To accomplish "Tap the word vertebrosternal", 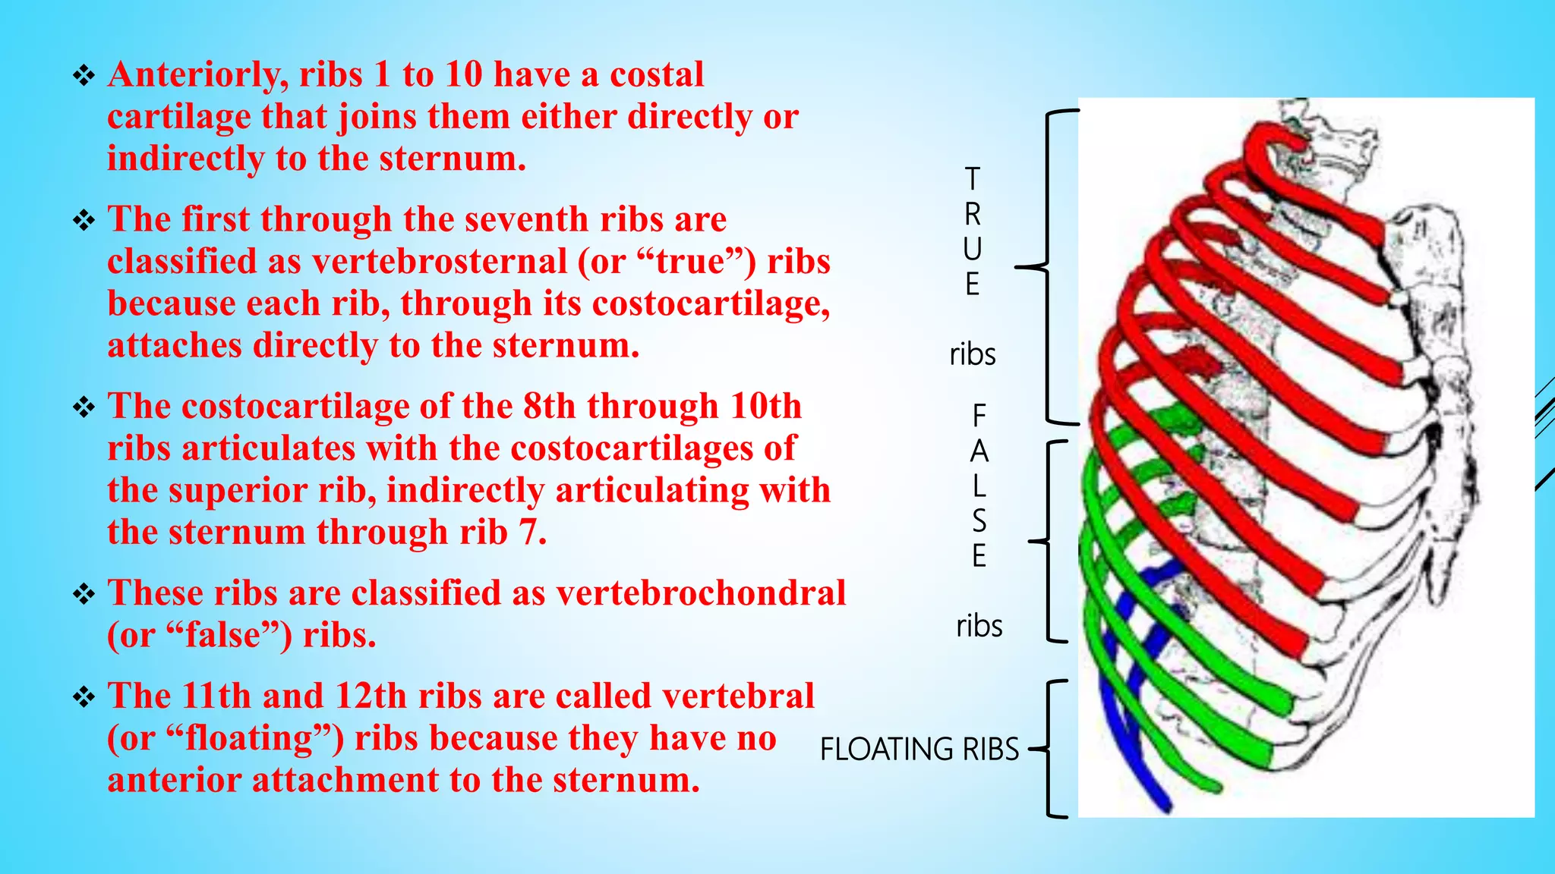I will tap(440, 262).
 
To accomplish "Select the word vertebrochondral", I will tap(701, 593).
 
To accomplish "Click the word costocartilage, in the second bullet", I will tap(711, 303).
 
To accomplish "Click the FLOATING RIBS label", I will tap(919, 750).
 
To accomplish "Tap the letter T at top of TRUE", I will tap(972, 180).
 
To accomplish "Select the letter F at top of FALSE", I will tap(979, 416).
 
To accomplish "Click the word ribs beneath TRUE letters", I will tap(972, 354).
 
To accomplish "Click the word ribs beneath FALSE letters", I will tap(979, 626).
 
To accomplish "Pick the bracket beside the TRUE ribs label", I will tap(1048, 267).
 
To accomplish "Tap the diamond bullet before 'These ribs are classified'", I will tap(83, 593).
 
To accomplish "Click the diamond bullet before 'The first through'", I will tap(83, 220).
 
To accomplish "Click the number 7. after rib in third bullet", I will tap(532, 533).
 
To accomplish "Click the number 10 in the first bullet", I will tap(464, 75).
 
